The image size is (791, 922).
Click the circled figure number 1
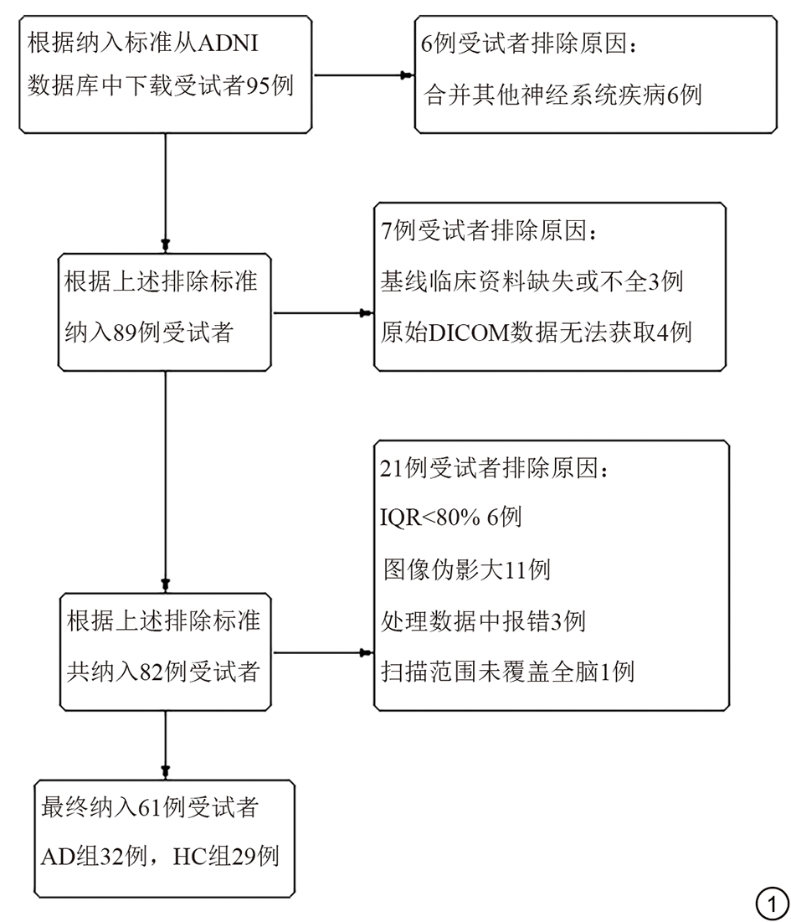(x=772, y=902)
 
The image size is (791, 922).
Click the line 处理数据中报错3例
(x=483, y=621)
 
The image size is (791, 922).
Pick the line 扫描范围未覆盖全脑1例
(x=507, y=672)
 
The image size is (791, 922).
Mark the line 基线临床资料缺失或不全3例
(x=532, y=281)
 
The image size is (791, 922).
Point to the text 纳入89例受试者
(x=148, y=332)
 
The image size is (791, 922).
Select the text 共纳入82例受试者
(x=162, y=672)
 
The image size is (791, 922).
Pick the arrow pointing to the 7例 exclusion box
(x=322, y=313)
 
